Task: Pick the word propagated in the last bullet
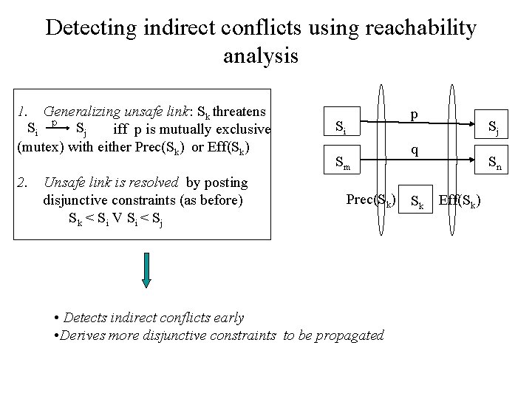(x=352, y=335)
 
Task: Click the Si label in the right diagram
(x=338, y=127)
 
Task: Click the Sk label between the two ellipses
(x=417, y=201)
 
